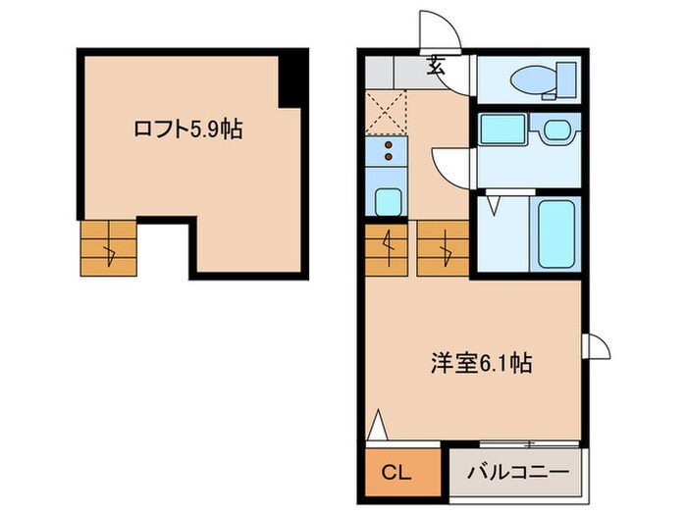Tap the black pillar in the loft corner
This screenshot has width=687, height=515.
292,79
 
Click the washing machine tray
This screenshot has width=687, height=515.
502,129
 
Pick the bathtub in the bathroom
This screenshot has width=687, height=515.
557,233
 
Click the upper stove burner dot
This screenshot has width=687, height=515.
389,145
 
